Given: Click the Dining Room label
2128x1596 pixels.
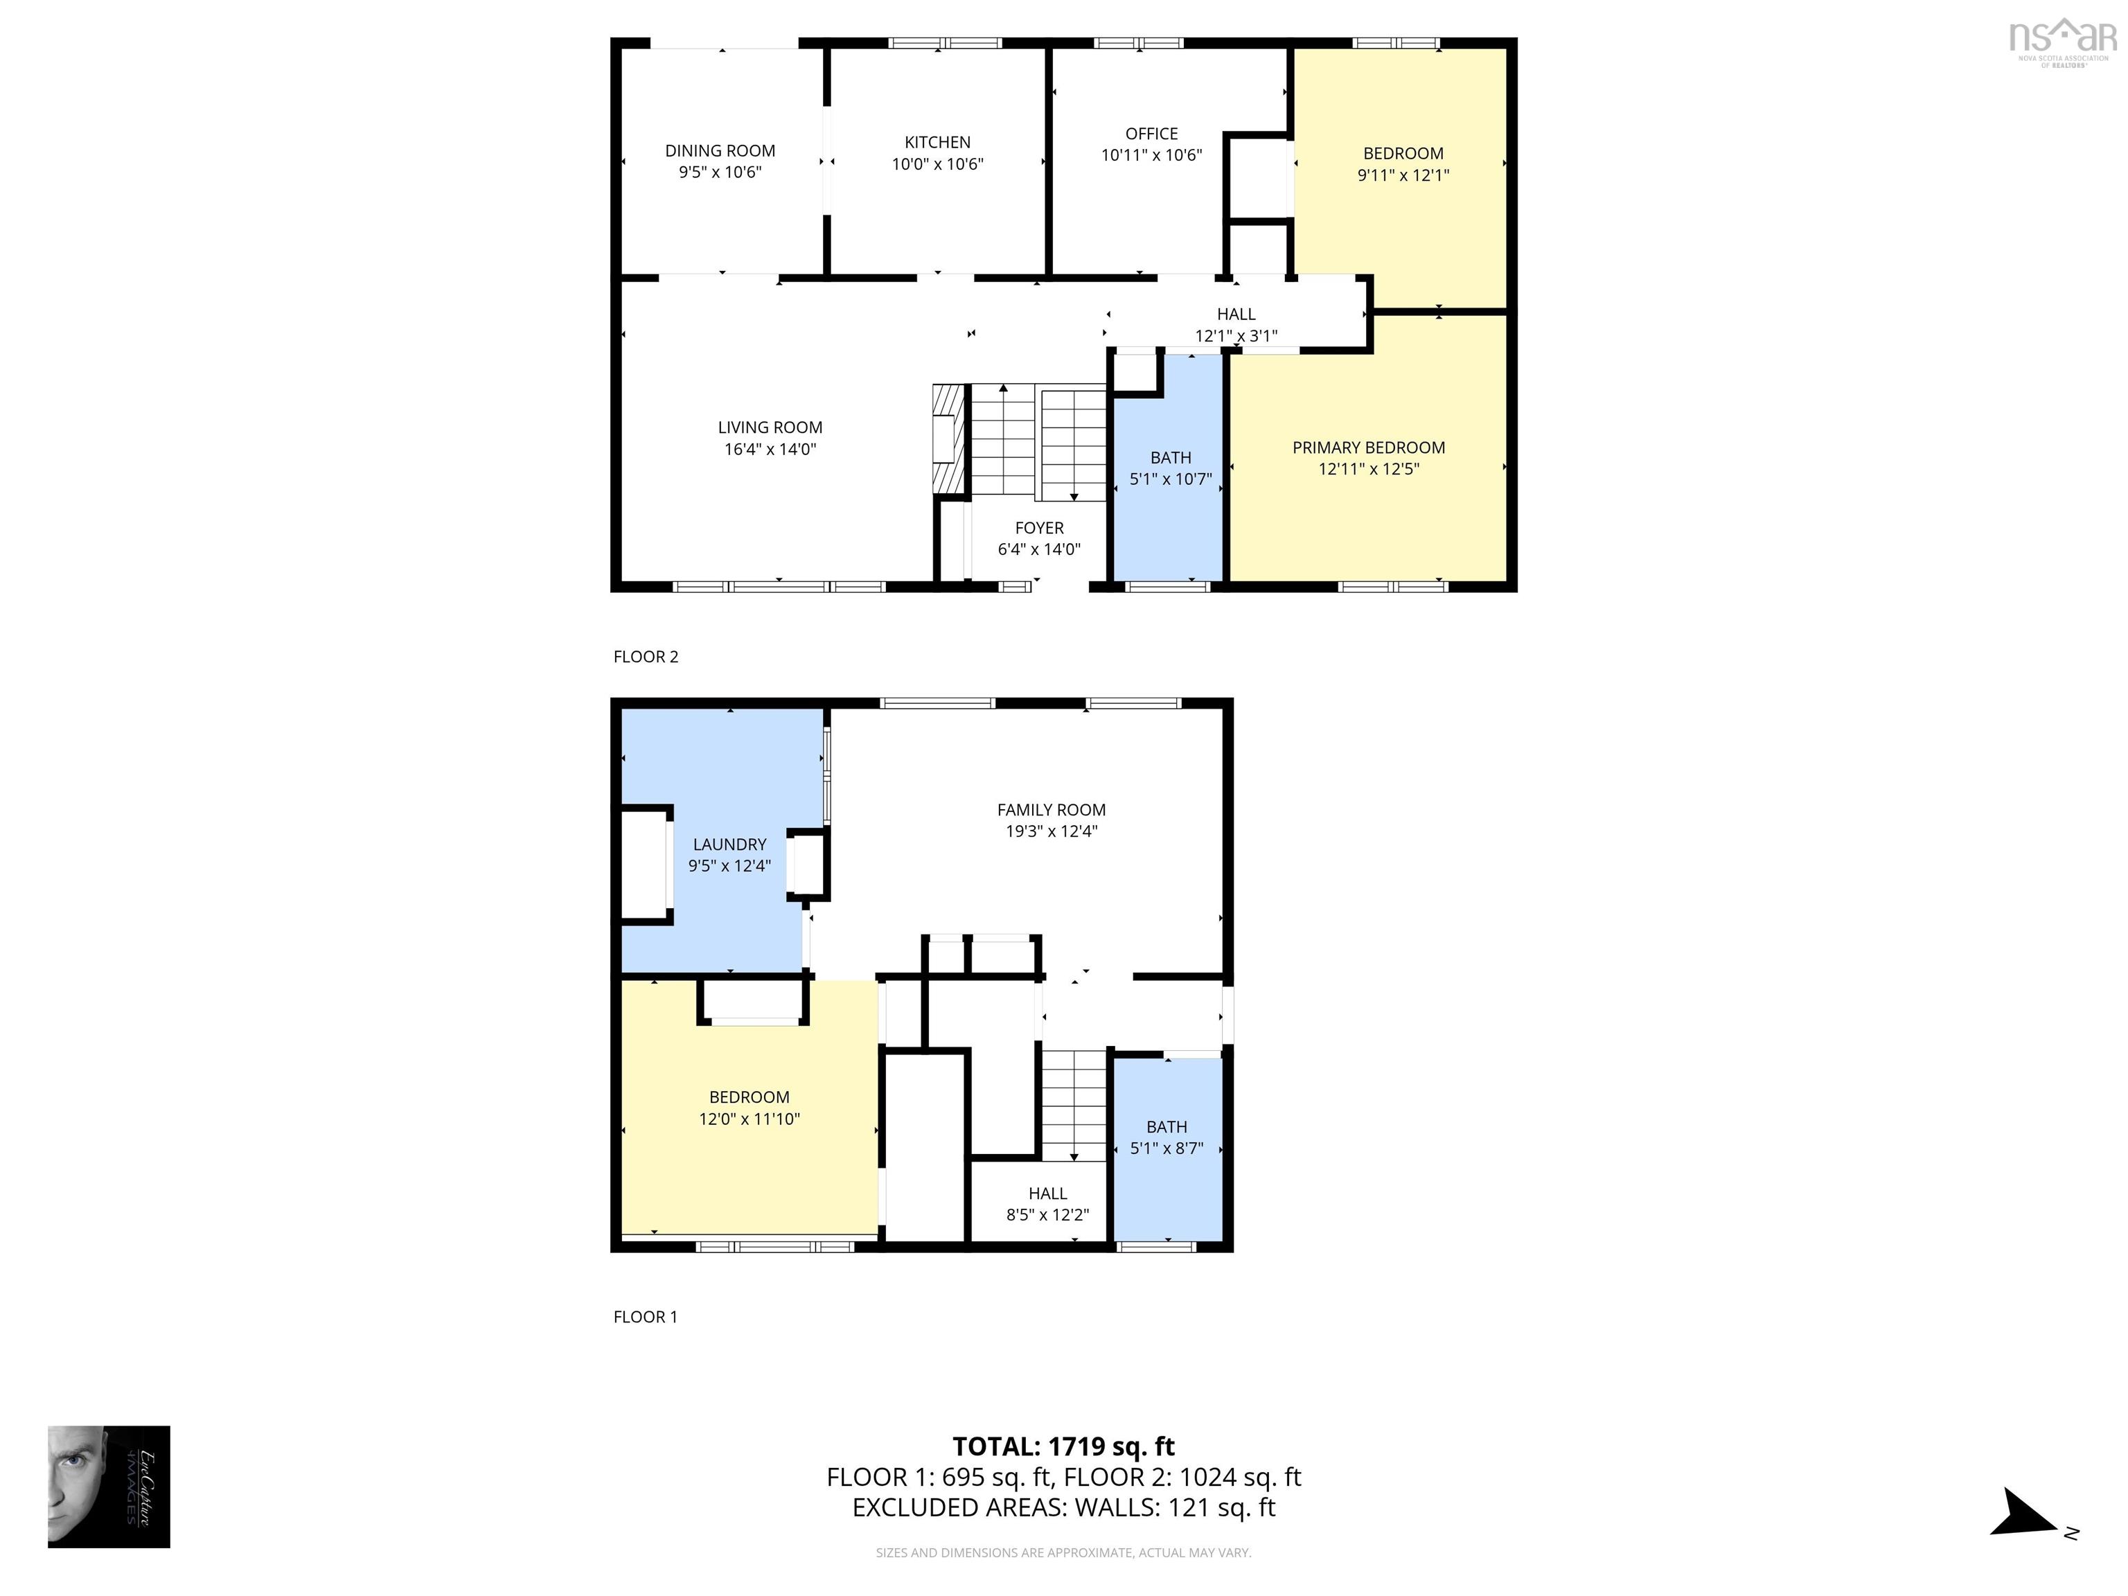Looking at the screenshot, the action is pos(720,151).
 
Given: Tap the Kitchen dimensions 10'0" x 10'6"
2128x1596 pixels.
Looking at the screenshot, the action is pos(937,164).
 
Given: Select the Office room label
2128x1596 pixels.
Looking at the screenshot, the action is pos(1151,134).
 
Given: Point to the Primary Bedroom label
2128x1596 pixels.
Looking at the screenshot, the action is pos(1368,447).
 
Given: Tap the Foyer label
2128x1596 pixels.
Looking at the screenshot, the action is pos(1039,528).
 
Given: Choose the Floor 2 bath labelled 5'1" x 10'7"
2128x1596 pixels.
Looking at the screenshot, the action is pos(1170,468).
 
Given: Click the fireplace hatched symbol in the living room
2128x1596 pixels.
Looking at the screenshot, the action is pos(948,438).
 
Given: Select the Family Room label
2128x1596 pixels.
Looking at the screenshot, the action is pos(1052,810).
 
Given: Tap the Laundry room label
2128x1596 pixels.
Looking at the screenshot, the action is pos(729,844).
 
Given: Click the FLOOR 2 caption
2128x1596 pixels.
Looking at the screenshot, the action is pos(646,657).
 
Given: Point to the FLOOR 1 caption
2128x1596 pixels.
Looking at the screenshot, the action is pos(646,1317).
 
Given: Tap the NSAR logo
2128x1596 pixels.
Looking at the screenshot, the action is pos(2063,42).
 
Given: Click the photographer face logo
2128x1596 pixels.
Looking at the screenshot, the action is pos(109,1487).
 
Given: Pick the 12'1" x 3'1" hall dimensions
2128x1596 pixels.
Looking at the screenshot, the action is pos(1236,336).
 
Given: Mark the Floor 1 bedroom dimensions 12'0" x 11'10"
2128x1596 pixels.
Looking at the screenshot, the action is pos(750,1119).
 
